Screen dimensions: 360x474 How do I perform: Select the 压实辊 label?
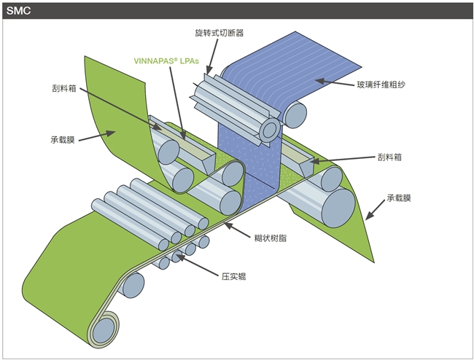234,276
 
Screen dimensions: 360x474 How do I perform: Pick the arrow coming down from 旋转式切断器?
211,58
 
